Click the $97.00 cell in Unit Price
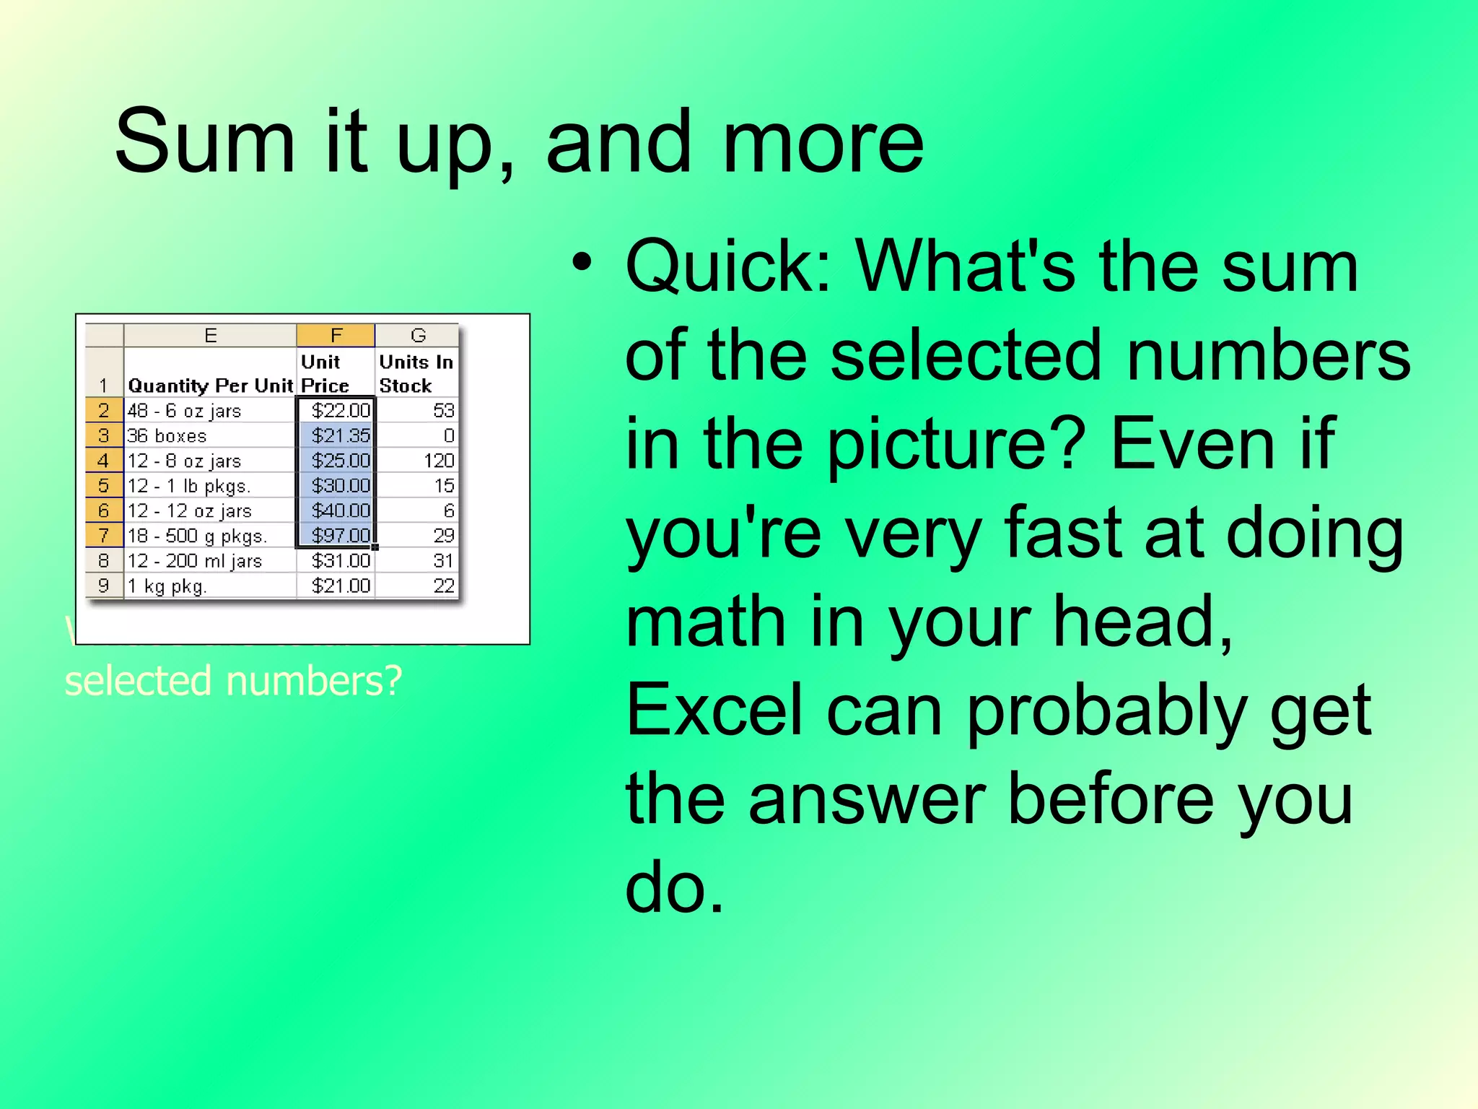(340, 536)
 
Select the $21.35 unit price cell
(340, 435)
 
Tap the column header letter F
(336, 335)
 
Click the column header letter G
(418, 335)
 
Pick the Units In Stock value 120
(438, 461)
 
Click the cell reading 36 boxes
(167, 436)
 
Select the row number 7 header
(104, 536)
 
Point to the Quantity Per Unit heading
(210, 386)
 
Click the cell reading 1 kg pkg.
(167, 586)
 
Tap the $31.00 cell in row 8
(340, 561)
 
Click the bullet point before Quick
(582, 262)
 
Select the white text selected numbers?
(233, 681)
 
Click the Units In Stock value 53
(443, 411)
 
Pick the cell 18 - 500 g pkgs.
(197, 536)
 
